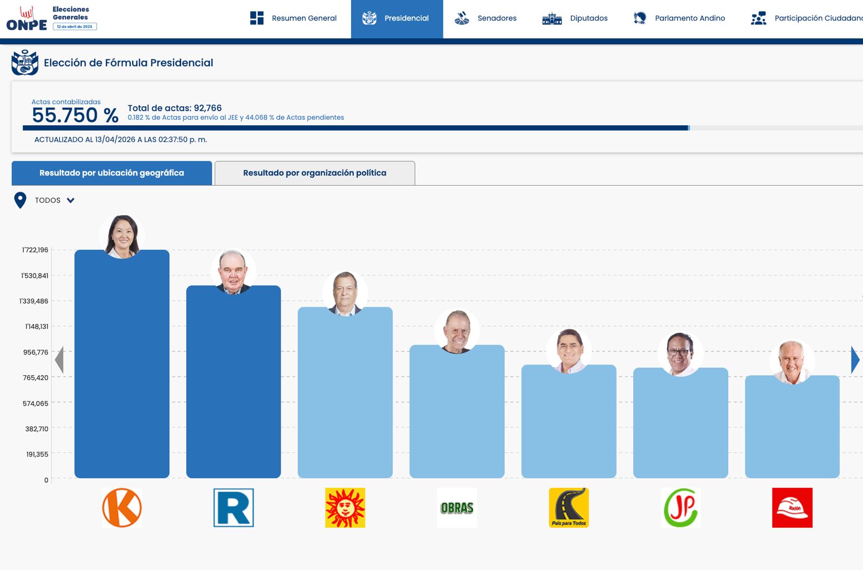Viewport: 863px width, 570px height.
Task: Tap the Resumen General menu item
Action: pos(293,18)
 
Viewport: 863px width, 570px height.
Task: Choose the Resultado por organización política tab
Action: pos(314,173)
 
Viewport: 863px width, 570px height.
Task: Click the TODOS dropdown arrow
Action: pos(71,200)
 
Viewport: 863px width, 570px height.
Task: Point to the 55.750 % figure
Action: pos(74,115)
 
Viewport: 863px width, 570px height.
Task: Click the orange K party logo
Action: pos(122,508)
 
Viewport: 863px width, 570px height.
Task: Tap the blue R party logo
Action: pos(234,508)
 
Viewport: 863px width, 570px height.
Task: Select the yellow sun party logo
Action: pos(345,508)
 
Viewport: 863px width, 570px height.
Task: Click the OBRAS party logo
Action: pos(457,508)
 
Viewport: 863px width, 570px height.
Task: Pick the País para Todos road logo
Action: pos(569,508)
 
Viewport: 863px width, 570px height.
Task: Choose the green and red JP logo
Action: pos(681,508)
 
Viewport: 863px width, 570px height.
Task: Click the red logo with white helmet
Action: pos(792,508)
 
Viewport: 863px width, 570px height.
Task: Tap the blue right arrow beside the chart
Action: pos(855,360)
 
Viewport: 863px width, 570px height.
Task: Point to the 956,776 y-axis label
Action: pos(36,352)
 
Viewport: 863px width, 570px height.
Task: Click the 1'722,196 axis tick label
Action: pos(35,250)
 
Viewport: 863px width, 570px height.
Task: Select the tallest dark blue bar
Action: pos(122,367)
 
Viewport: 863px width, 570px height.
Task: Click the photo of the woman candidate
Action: pos(122,236)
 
